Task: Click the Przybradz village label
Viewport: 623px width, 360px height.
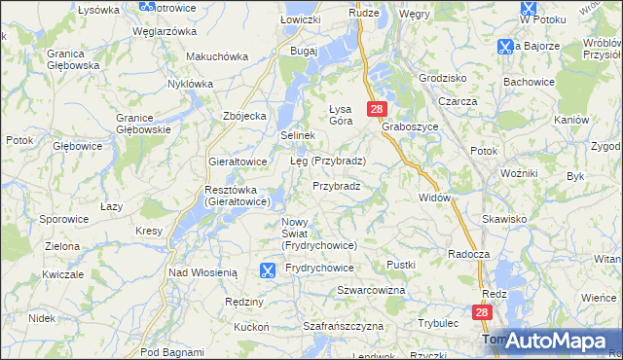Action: pyautogui.click(x=337, y=186)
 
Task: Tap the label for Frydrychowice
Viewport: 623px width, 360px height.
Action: pyautogui.click(x=320, y=268)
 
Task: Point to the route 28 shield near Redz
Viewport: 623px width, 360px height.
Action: pyautogui.click(x=482, y=312)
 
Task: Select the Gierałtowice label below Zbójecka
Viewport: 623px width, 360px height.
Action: pyautogui.click(x=238, y=162)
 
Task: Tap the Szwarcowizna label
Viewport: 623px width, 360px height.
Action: pyautogui.click(x=371, y=291)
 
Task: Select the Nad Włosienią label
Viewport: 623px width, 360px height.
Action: pyautogui.click(x=203, y=273)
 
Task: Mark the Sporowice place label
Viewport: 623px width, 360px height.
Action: pyautogui.click(x=63, y=220)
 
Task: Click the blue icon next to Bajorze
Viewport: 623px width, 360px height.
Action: pyautogui.click(x=504, y=46)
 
